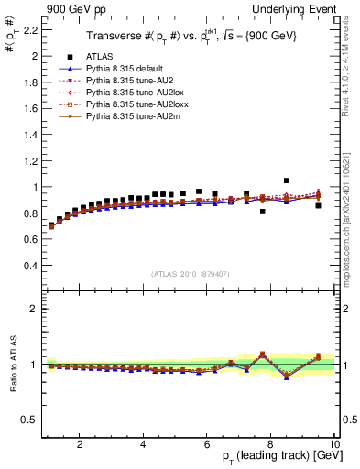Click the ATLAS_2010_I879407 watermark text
tap(189, 272)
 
